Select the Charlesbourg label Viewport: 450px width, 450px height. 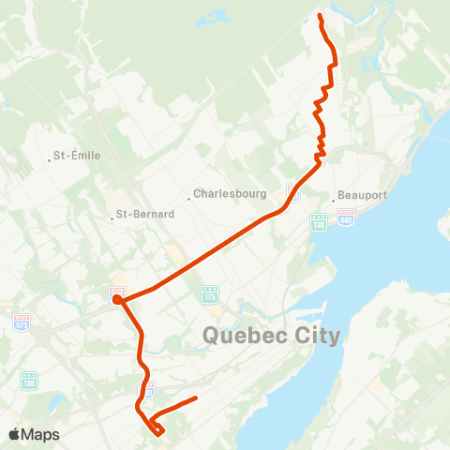click(230, 195)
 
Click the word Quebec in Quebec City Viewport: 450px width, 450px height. click(243, 335)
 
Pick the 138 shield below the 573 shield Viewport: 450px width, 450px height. click(28, 379)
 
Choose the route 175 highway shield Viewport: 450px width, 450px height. click(210, 293)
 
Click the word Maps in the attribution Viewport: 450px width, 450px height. click(40, 434)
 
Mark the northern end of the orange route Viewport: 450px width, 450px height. click(320, 16)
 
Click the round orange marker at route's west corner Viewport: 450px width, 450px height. click(117, 299)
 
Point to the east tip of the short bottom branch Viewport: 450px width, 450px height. click(195, 398)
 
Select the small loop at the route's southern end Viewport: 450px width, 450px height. click(157, 429)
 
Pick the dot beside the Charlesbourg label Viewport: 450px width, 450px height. click(188, 195)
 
